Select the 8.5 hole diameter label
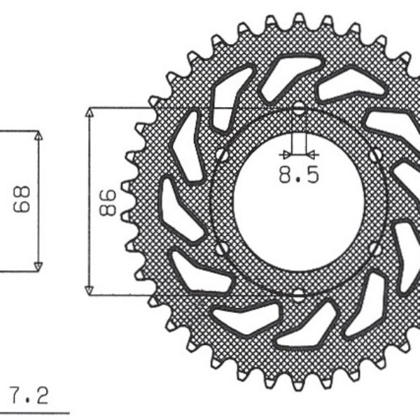[298, 174]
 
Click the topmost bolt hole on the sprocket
[299, 110]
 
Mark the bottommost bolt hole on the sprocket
[299, 293]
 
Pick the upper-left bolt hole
[221, 154]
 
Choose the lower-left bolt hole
[221, 248]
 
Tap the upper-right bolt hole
[377, 154]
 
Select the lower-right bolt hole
[377, 248]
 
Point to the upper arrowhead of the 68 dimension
[38, 136]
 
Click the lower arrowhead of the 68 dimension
[38, 266]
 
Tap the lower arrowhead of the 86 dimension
[89, 290]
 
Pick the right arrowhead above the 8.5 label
[313, 154]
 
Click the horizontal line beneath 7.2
[35, 412]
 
